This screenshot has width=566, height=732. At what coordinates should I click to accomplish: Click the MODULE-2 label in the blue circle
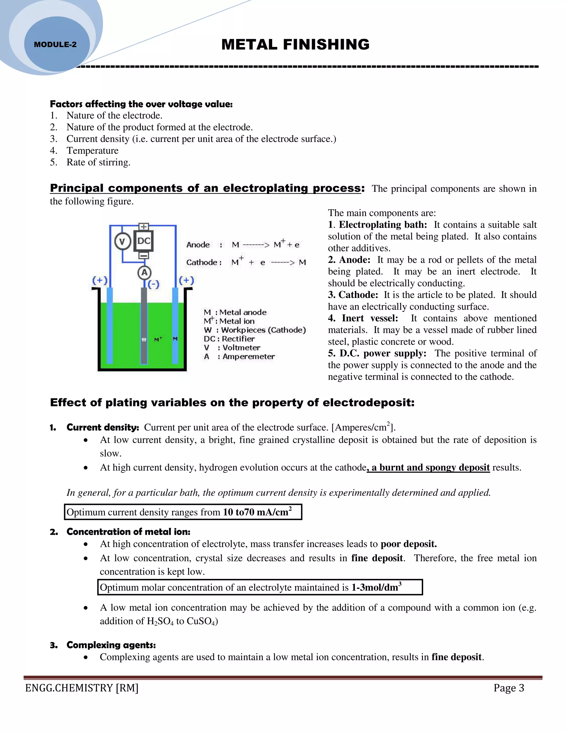(55, 44)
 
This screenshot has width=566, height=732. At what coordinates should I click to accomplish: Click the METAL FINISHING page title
(295, 44)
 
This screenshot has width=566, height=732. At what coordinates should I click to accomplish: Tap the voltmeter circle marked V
(122, 241)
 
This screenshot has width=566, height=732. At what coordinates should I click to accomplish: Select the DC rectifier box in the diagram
(144, 241)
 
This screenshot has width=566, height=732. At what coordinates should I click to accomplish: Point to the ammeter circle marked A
(145, 272)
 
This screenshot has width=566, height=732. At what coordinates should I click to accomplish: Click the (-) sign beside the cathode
(154, 284)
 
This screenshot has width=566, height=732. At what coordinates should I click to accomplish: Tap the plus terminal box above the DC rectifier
(144, 227)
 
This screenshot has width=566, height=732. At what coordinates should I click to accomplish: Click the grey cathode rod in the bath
(144, 325)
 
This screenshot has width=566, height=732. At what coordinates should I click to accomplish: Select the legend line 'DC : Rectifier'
(229, 339)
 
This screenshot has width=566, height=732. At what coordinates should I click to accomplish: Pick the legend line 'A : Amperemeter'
(239, 357)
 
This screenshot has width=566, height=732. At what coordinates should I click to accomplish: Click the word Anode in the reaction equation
(198, 245)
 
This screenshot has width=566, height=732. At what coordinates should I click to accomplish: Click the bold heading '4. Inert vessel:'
(363, 318)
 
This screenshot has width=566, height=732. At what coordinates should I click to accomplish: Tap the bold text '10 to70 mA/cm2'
(257, 512)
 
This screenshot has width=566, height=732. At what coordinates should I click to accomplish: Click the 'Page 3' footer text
(508, 688)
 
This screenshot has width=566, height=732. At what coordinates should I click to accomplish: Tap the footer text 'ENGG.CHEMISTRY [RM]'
(82, 688)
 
